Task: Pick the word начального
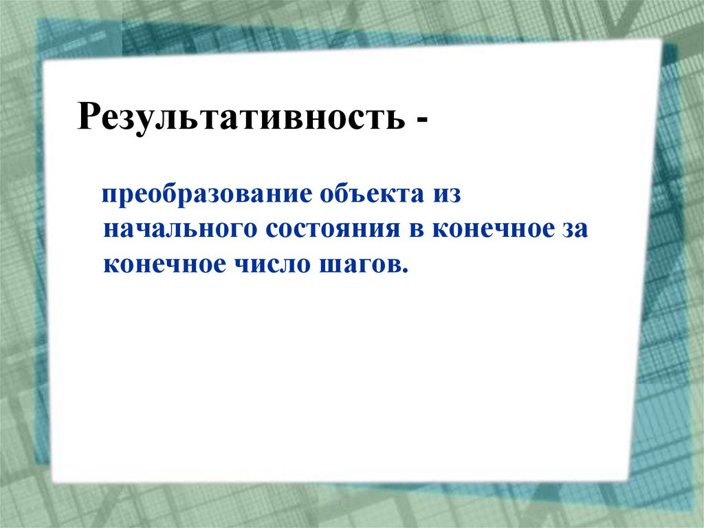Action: (x=176, y=230)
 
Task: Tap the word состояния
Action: (x=329, y=230)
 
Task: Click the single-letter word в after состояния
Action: (x=418, y=230)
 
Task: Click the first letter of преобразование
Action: (x=108, y=196)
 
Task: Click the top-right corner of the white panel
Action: (x=660, y=40)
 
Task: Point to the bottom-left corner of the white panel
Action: (x=52, y=482)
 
